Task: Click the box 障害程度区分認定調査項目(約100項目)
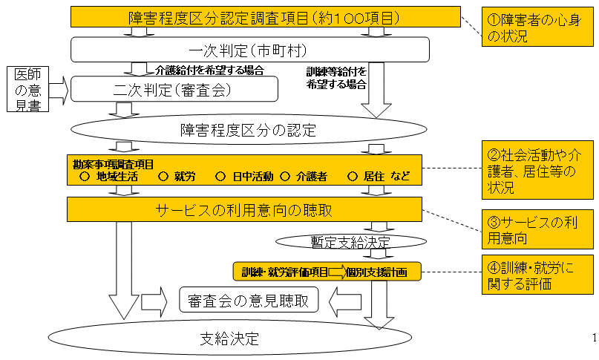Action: coord(264,17)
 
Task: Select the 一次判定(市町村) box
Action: coord(251,50)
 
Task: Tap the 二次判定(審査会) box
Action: coord(174,91)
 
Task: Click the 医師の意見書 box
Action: coord(28,90)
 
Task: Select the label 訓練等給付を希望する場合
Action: coord(336,77)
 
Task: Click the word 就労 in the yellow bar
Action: coord(185,177)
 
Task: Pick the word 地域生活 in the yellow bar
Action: coord(117,177)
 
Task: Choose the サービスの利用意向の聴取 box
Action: coord(243,209)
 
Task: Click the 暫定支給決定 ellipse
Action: coord(351,241)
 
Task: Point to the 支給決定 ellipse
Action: coord(230,339)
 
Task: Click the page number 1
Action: coord(595,339)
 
